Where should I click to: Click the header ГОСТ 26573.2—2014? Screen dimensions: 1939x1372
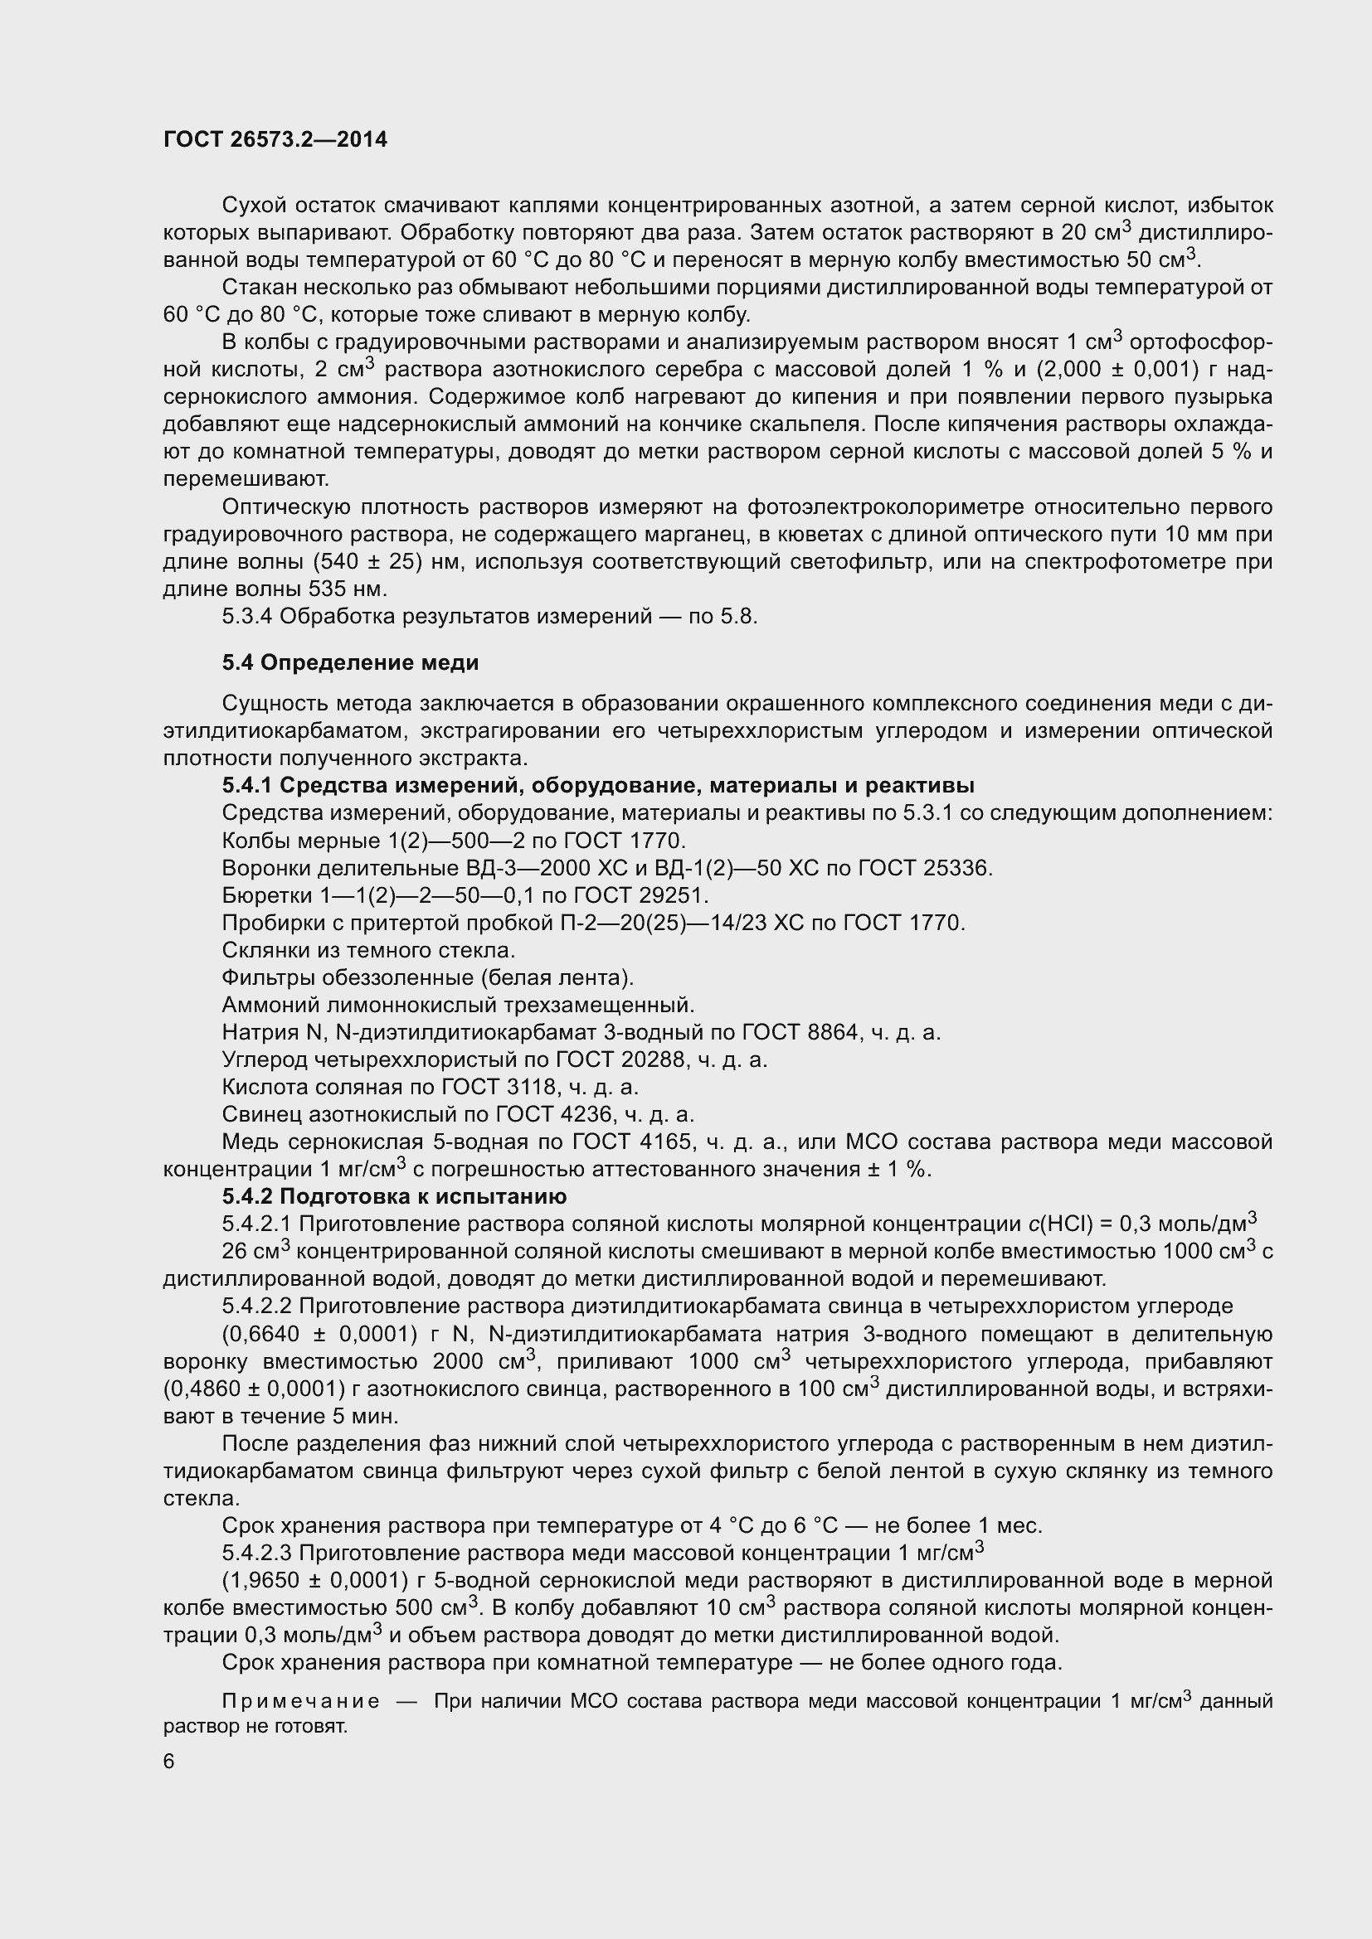point(275,140)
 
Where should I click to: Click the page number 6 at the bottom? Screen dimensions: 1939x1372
point(169,1761)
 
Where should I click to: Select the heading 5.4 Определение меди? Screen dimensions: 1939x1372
point(351,663)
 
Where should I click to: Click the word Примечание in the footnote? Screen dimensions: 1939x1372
point(301,1701)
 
